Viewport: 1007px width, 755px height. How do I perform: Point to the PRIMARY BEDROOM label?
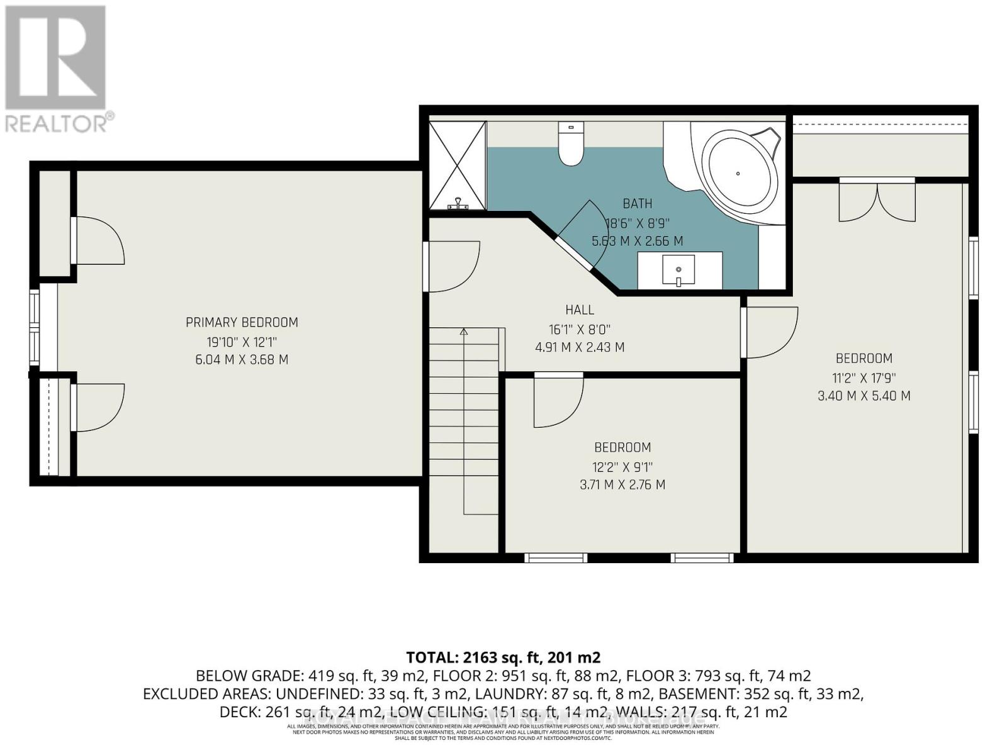pyautogui.click(x=242, y=323)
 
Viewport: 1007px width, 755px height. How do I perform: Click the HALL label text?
pyautogui.click(x=580, y=310)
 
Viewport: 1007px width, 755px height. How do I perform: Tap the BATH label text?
pyautogui.click(x=637, y=204)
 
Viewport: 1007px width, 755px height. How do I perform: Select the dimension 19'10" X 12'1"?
pyautogui.click(x=242, y=342)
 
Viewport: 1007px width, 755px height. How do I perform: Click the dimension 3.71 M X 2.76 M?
pyautogui.click(x=622, y=485)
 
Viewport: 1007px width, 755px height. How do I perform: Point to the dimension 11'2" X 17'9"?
pyautogui.click(x=864, y=378)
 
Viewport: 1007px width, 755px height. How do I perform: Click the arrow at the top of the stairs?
pyautogui.click(x=464, y=331)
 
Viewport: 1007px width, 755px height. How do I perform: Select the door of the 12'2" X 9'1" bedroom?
pyautogui.click(x=558, y=400)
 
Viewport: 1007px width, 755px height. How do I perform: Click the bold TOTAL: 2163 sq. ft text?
pyautogui.click(x=503, y=657)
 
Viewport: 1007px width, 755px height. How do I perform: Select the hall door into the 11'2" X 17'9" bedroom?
pyautogui.click(x=769, y=332)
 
